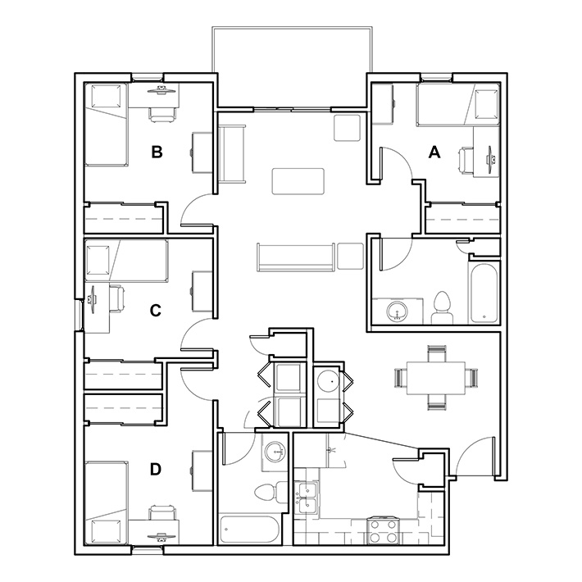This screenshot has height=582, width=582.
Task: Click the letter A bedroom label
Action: pos(435,151)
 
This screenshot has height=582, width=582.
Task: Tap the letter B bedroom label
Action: pos(157,151)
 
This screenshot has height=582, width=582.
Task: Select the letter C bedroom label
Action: pos(156,310)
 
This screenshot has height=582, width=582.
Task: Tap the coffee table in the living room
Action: pos(298,180)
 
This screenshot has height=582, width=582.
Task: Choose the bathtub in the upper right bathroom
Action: pos(483,293)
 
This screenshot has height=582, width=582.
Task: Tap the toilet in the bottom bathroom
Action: pos(266,493)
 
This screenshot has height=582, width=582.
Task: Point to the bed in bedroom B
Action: pos(106,123)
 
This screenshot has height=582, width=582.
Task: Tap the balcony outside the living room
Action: pos(292,66)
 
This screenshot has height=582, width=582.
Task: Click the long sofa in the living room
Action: pos(295,257)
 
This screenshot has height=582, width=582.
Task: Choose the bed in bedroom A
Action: pos(457,105)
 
